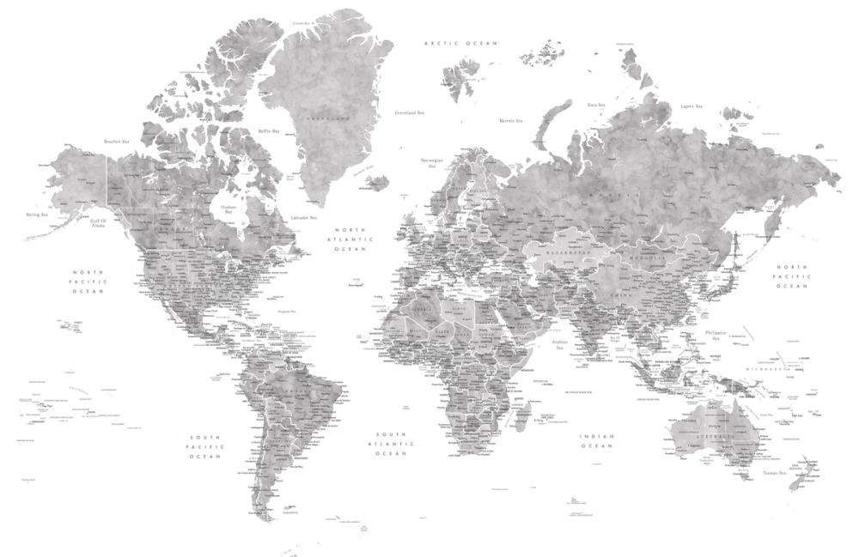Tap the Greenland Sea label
click(x=409, y=112)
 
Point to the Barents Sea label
click(x=512, y=121)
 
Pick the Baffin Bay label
click(x=270, y=131)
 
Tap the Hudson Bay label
click(x=228, y=209)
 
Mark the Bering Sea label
click(x=36, y=215)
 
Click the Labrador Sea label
click(x=304, y=217)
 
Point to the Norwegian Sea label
click(x=431, y=162)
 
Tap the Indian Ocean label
click(x=597, y=440)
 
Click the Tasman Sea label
click(x=771, y=473)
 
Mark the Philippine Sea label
click(x=715, y=335)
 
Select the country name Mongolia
click(x=650, y=257)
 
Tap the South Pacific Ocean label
click(x=206, y=447)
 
